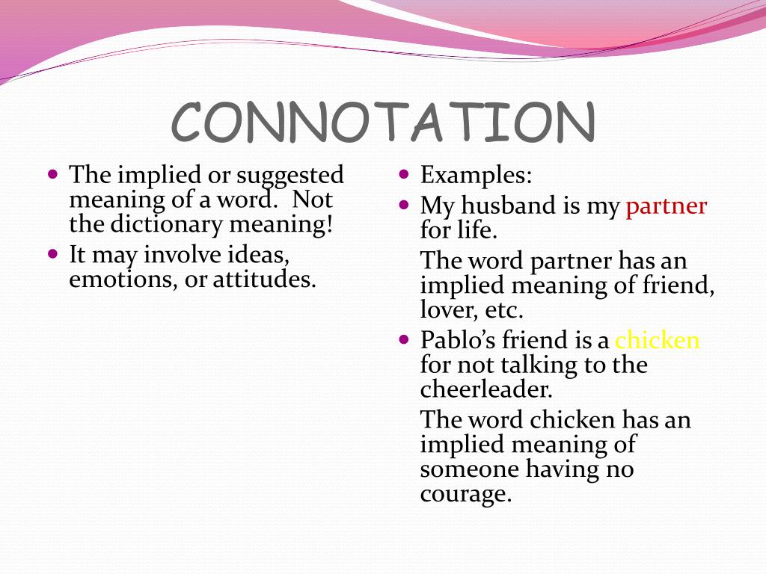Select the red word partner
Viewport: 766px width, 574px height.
pyautogui.click(x=666, y=206)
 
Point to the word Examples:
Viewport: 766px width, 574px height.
pyautogui.click(x=477, y=176)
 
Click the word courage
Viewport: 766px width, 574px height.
pyautogui.click(x=465, y=494)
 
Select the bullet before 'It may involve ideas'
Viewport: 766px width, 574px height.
pyautogui.click(x=52, y=253)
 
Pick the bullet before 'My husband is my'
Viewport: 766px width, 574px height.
pyautogui.click(x=404, y=204)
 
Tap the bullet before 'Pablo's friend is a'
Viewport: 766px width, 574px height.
pyautogui.click(x=404, y=339)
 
